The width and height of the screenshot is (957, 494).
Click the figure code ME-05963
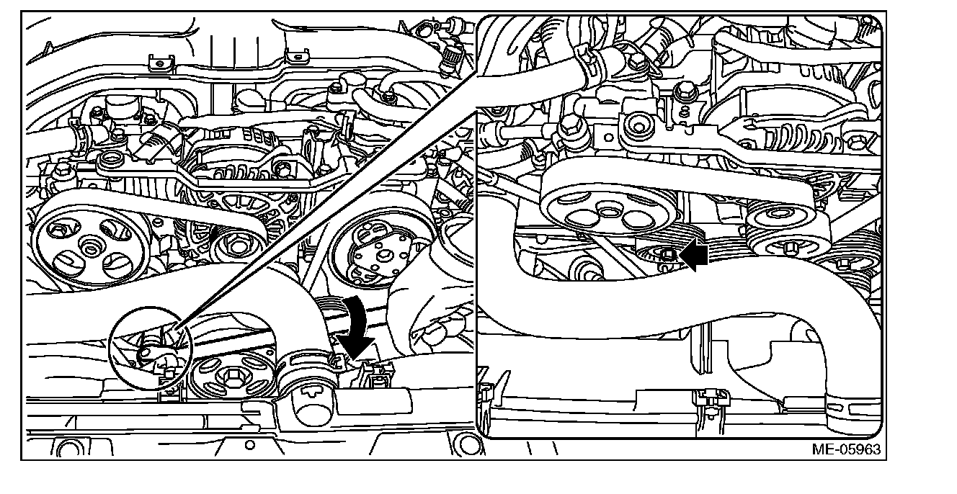846,449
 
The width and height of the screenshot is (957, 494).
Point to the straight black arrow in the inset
693,255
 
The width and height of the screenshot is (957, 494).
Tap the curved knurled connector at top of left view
450,60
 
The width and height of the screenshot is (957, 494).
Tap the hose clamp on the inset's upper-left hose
592,63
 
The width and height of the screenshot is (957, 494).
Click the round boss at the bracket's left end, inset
638,126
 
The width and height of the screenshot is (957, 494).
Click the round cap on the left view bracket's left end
111,161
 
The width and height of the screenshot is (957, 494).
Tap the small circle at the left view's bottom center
250,445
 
